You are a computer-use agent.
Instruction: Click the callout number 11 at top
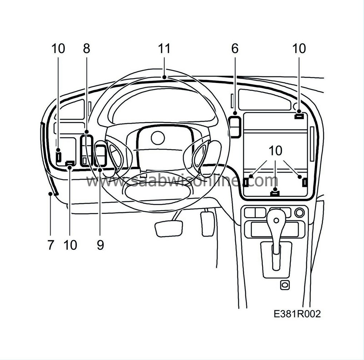click(x=164, y=49)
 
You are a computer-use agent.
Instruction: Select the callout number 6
click(x=235, y=49)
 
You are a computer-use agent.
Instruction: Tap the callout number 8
click(x=86, y=49)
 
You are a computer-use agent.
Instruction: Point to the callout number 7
click(x=51, y=245)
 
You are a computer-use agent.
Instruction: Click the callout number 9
click(x=100, y=245)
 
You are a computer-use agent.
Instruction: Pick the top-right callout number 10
click(x=299, y=49)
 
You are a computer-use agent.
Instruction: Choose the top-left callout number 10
click(x=58, y=49)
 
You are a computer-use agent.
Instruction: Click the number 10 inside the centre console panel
click(x=276, y=151)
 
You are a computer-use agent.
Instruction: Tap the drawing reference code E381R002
click(x=297, y=314)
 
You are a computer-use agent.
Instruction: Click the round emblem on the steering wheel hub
click(x=158, y=138)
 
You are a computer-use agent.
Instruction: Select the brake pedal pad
click(x=169, y=229)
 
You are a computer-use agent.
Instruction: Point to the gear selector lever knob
click(x=276, y=220)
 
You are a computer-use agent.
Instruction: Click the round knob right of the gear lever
click(x=300, y=212)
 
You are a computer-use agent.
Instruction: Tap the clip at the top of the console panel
click(x=299, y=116)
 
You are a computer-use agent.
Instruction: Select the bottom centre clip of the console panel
click(x=275, y=193)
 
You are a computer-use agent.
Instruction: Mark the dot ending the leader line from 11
click(x=165, y=77)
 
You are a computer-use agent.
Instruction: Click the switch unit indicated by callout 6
click(x=235, y=127)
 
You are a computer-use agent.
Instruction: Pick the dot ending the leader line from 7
click(x=50, y=194)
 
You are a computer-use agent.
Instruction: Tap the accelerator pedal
click(x=207, y=224)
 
